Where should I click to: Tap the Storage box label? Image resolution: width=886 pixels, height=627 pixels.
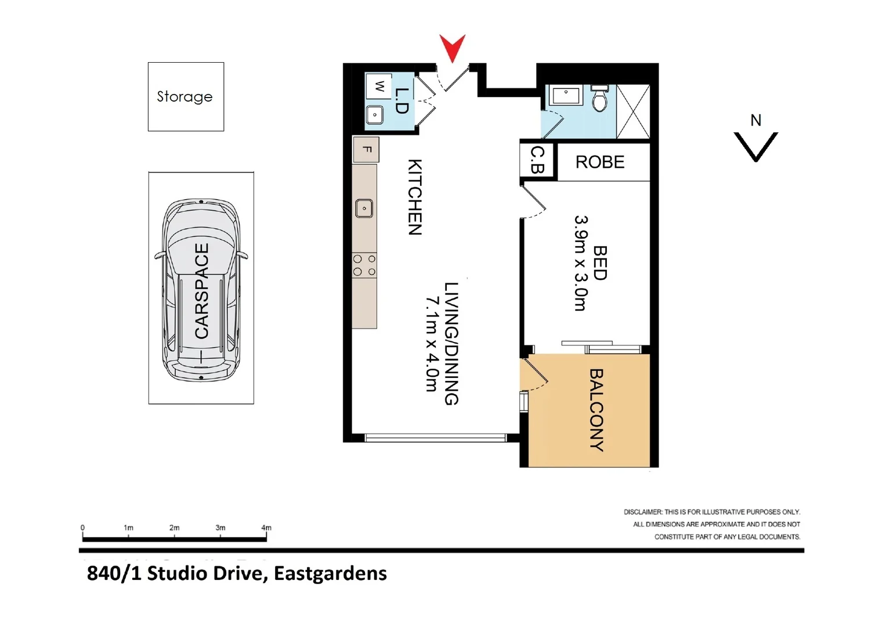(x=185, y=96)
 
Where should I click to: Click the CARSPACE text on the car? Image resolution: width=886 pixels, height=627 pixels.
(x=201, y=290)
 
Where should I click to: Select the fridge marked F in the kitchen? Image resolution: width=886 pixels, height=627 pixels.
(x=366, y=150)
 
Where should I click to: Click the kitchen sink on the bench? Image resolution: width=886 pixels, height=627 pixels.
(x=364, y=208)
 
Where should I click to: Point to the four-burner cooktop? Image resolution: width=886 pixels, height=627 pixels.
(x=364, y=265)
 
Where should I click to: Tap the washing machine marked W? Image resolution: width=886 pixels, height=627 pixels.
(x=379, y=87)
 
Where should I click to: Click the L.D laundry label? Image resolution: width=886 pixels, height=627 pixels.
(x=402, y=100)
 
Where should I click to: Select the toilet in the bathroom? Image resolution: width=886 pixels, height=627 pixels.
(x=600, y=99)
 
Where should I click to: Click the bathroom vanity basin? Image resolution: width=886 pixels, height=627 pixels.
(x=566, y=95)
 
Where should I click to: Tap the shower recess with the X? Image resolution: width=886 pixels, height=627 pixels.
(x=633, y=111)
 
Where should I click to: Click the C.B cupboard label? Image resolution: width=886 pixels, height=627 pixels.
(x=537, y=160)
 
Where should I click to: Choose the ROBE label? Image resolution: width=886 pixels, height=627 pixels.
(x=600, y=162)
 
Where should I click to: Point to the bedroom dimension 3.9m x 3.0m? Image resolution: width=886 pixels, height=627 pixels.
(x=581, y=263)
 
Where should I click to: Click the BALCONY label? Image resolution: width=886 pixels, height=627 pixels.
(x=596, y=410)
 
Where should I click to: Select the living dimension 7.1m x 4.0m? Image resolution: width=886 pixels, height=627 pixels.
(x=432, y=344)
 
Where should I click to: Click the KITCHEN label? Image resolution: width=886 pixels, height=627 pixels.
(x=414, y=197)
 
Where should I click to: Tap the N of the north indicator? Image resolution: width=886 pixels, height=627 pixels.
(x=755, y=120)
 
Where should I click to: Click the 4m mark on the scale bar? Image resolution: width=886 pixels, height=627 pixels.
(x=266, y=528)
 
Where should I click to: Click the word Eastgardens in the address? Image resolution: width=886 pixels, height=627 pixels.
(x=330, y=574)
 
